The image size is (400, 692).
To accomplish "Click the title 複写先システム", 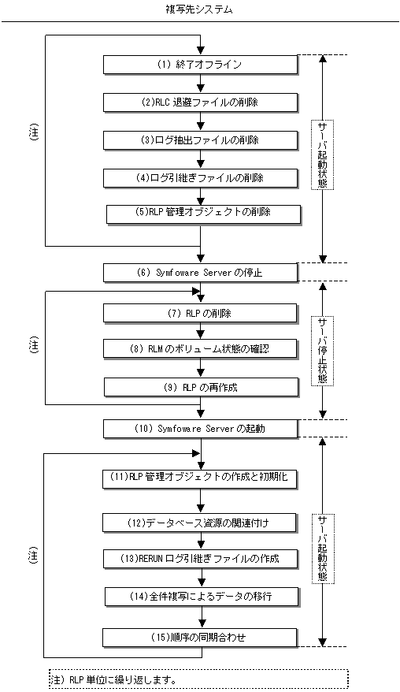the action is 199,9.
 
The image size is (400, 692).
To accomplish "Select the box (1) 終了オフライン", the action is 201,65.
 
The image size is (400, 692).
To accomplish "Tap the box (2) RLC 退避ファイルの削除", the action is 201,102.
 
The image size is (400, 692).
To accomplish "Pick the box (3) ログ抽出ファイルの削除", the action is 201,140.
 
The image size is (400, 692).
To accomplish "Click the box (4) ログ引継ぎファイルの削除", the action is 201,178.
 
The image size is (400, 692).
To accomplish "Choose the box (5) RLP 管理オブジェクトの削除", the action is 204,214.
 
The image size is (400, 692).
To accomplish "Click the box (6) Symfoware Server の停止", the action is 201,273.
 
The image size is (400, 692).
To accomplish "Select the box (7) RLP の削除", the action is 201,314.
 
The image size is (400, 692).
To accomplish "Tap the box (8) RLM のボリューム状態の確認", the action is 201,349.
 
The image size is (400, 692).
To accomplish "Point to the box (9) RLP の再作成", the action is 202,388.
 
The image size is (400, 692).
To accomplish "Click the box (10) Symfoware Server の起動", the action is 201,429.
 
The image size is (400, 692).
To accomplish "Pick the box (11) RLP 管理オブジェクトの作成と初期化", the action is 201,479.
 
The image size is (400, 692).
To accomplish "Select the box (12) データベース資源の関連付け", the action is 201,523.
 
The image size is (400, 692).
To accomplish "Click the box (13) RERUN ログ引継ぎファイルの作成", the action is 201,559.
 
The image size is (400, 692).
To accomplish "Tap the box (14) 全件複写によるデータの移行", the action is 202,597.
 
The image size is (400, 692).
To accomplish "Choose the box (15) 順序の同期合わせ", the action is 201,638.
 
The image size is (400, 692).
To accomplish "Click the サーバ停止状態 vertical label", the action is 323,351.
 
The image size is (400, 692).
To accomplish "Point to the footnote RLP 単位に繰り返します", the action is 124,680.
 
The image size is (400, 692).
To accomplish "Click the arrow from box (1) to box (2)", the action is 201,84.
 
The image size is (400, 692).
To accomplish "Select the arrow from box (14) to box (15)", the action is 202,617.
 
